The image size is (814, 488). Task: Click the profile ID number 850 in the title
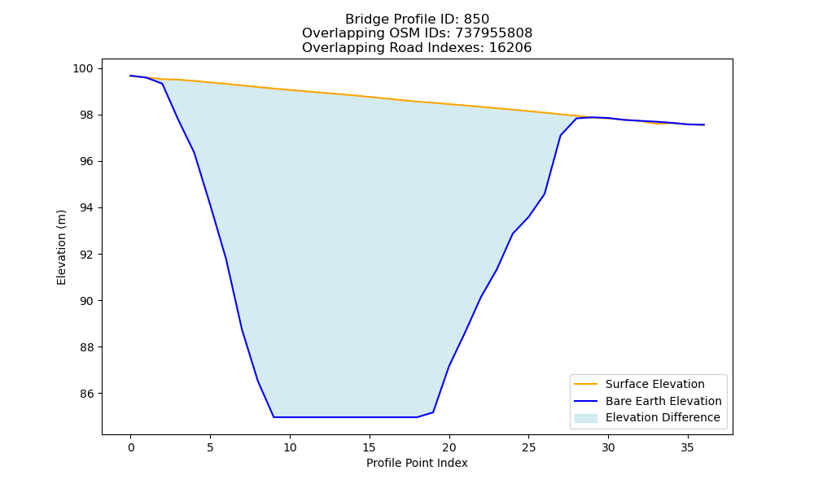tap(476, 20)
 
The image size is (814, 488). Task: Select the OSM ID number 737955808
tap(494, 33)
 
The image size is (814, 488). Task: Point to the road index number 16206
tap(510, 48)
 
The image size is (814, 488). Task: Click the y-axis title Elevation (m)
tap(62, 247)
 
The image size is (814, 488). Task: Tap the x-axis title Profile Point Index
tap(417, 463)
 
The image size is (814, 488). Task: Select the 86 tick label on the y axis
tap(86, 394)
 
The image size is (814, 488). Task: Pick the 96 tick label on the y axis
tap(86, 162)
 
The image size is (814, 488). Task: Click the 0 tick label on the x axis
tap(131, 447)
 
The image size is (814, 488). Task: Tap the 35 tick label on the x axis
tap(687, 447)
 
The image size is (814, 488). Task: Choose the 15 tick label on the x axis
tap(369, 447)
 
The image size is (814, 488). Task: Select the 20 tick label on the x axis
tap(449, 447)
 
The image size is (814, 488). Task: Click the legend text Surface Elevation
tap(655, 384)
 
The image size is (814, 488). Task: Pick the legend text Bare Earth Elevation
tap(663, 401)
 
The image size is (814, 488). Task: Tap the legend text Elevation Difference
tap(663, 417)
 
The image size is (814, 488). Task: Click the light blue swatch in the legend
tap(585, 418)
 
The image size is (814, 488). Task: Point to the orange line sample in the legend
tap(585, 384)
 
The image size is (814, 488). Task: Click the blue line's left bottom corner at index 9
tap(274, 417)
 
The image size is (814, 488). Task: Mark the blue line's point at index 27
tap(560, 135)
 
